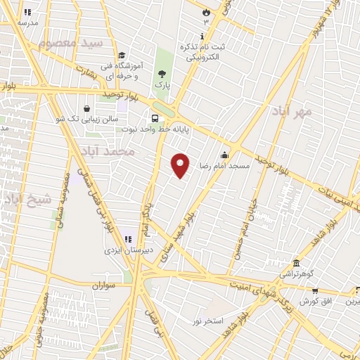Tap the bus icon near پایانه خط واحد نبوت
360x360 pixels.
[154, 117]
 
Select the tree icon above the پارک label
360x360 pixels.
[162, 74]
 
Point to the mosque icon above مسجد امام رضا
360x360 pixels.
[224, 155]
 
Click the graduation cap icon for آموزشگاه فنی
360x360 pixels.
[121, 56]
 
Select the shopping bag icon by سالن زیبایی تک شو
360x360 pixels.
[86, 109]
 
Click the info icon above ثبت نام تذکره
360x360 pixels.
[202, 37]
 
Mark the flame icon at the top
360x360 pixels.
[205, 12]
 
